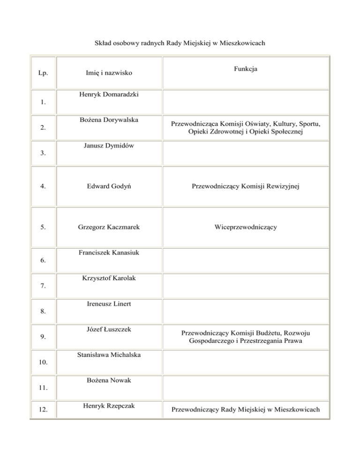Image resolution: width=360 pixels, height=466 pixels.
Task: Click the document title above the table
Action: (x=180, y=44)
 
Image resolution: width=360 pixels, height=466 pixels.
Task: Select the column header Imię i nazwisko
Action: (x=109, y=73)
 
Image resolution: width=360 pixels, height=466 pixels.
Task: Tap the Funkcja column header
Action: (x=246, y=69)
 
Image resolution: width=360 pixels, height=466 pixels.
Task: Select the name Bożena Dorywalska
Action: (x=109, y=120)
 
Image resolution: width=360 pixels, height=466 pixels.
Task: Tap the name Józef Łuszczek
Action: (x=109, y=330)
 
